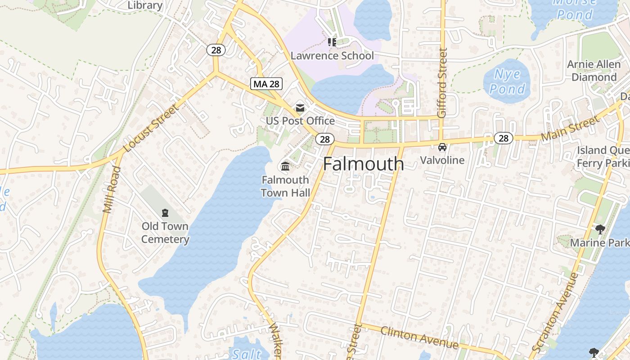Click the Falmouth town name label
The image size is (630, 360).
pyautogui.click(x=363, y=164)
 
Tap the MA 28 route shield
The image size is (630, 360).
pyautogui.click(x=266, y=84)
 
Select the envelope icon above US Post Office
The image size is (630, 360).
pyautogui.click(x=300, y=108)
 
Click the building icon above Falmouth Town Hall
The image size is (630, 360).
pyautogui.click(x=285, y=166)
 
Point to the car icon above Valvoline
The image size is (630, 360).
pyautogui.click(x=442, y=147)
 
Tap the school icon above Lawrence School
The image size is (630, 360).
pyautogui.click(x=332, y=42)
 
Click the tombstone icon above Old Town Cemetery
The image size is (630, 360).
pyautogui.click(x=165, y=213)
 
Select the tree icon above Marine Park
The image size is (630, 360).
pyautogui.click(x=600, y=229)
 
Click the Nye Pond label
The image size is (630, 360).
pyautogui.click(x=507, y=81)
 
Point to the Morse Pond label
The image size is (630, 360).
pyautogui.click(x=575, y=8)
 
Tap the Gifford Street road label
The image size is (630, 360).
pyautogui.click(x=442, y=83)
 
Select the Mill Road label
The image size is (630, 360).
pyautogui.click(x=112, y=189)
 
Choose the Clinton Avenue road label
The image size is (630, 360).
pyautogui.click(x=419, y=337)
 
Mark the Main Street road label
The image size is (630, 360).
pyautogui.click(x=570, y=129)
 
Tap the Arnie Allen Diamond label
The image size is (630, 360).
pyautogui.click(x=594, y=71)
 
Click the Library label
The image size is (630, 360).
pyautogui.click(x=145, y=5)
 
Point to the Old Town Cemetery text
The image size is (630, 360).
pyautogui.click(x=165, y=233)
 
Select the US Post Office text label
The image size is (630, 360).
pyautogui.click(x=300, y=121)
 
